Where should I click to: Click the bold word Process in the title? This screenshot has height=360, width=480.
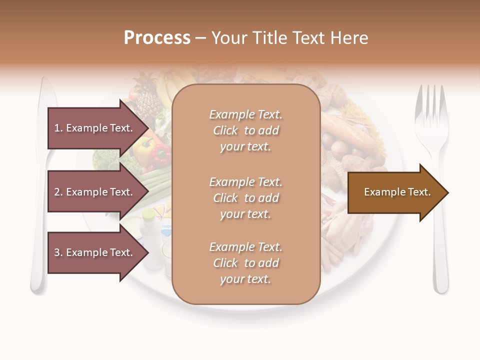pyautogui.click(x=157, y=38)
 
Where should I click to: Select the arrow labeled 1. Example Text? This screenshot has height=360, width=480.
pyautogui.click(x=95, y=128)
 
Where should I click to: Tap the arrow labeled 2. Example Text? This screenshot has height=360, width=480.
pyautogui.click(x=95, y=192)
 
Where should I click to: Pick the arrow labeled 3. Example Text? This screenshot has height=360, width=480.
pyautogui.click(x=95, y=252)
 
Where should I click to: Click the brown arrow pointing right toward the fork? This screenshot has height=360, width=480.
pyautogui.click(x=397, y=192)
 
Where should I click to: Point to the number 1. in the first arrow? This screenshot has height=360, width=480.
pyautogui.click(x=58, y=128)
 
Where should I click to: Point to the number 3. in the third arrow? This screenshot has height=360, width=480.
pyautogui.click(x=58, y=252)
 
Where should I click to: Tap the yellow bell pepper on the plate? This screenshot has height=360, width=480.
pyautogui.click(x=142, y=147)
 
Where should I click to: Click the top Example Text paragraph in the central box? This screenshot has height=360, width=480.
pyautogui.click(x=245, y=130)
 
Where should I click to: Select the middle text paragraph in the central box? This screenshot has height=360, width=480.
pyautogui.click(x=245, y=198)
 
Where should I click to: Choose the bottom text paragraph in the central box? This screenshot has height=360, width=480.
pyautogui.click(x=245, y=263)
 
